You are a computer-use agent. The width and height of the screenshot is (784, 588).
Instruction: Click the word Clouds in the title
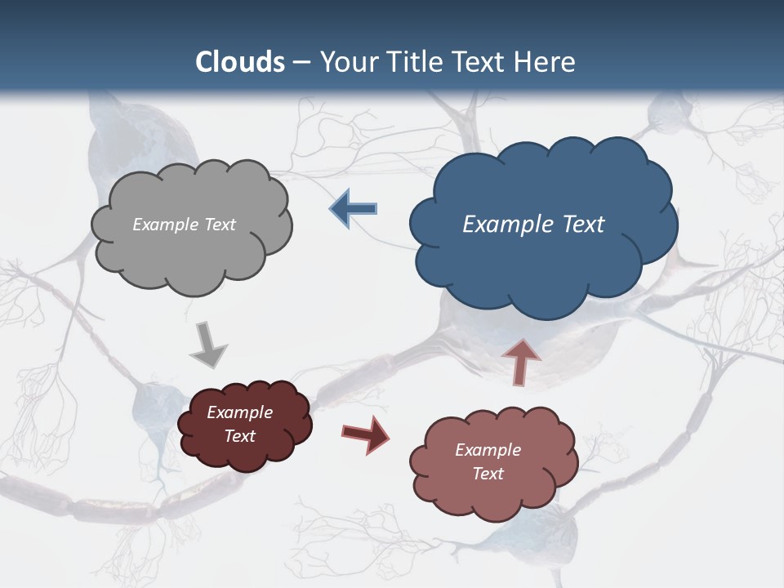point(240,62)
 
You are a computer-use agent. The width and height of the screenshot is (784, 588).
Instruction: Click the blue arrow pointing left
point(354,209)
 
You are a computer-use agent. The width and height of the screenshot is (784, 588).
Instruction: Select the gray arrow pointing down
point(207,344)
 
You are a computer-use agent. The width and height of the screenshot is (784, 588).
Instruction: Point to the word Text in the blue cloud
point(581,225)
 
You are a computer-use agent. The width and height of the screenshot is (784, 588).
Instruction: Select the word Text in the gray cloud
point(219,225)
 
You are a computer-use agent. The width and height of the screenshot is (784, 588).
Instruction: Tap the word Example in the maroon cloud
point(240,412)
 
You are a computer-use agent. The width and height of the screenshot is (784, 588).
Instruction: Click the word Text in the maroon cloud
point(240,436)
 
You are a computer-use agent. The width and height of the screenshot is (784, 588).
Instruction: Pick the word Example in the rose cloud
point(488,450)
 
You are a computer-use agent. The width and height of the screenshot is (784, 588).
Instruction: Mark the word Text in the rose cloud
point(488,474)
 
